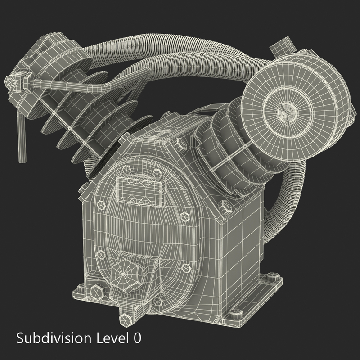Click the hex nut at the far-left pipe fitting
pos(13,83)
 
